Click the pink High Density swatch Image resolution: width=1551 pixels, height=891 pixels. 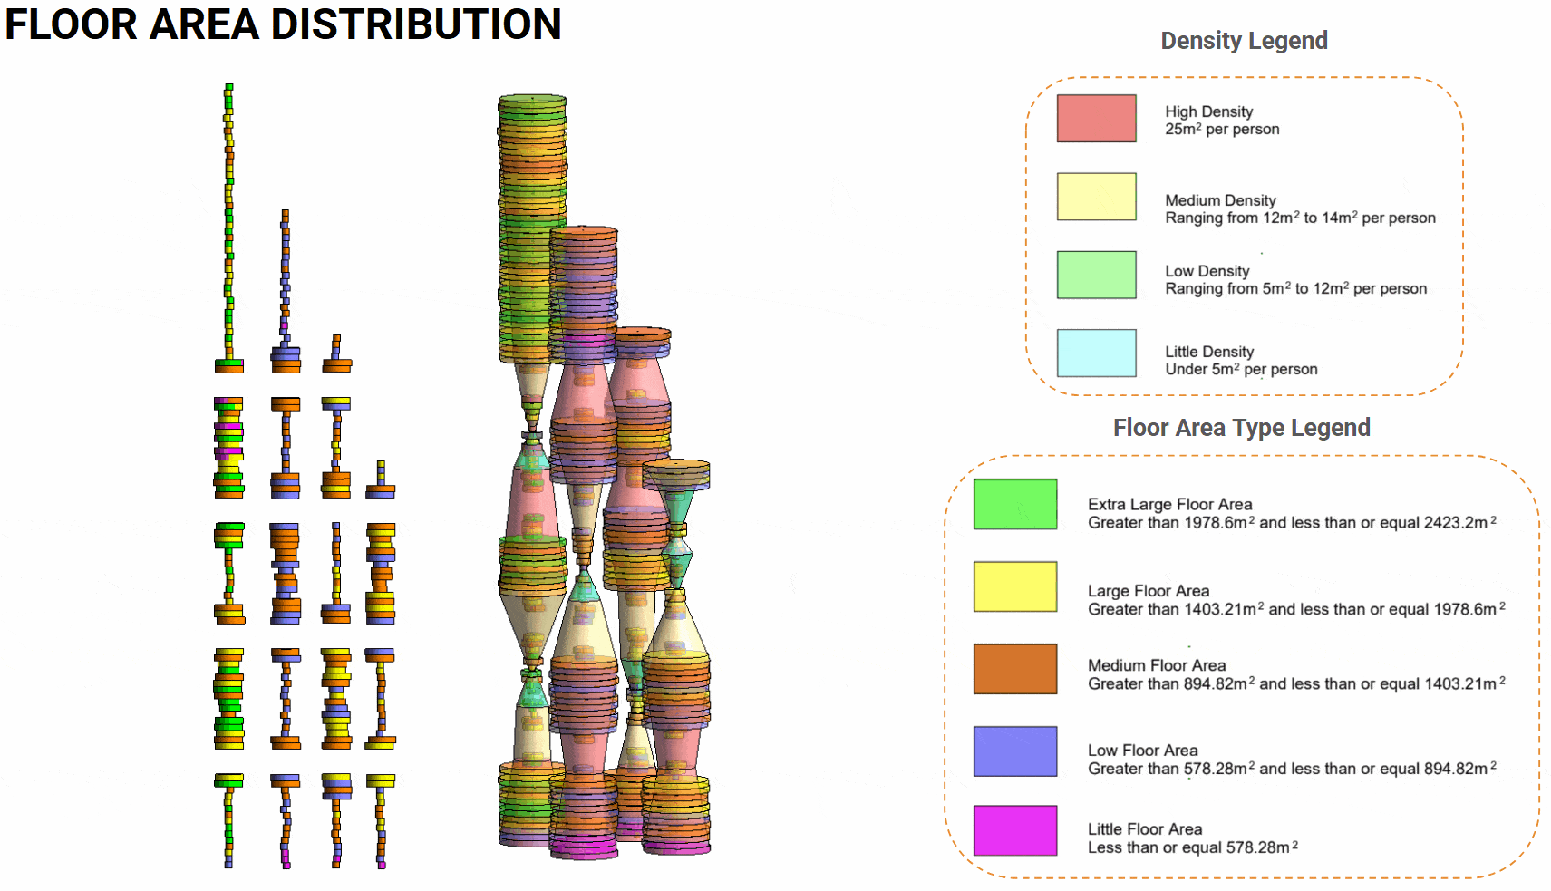(1096, 119)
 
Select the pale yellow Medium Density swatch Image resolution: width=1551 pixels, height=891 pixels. (1096, 197)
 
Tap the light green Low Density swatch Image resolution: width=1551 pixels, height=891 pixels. (1096, 275)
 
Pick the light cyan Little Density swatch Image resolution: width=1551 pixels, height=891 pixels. (1096, 353)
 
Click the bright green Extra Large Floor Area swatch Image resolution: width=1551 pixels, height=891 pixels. (1014, 504)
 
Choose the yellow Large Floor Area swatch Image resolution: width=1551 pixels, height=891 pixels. (1014, 586)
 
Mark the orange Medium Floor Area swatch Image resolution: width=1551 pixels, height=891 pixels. (1014, 669)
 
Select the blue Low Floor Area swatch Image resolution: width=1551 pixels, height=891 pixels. (1014, 751)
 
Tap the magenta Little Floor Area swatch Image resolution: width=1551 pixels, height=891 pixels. (1014, 830)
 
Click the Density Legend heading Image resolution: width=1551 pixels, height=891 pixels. (1244, 41)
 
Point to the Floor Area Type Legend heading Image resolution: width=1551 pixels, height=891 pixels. (1241, 428)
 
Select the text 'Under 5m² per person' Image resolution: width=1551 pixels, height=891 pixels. (1241, 369)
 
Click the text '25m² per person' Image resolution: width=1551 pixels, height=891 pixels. (1222, 130)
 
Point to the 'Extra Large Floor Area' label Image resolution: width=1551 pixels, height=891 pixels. (1169, 504)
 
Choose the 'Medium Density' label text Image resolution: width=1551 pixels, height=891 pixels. (1220, 200)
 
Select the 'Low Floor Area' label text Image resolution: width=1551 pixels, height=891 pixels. (1142, 751)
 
